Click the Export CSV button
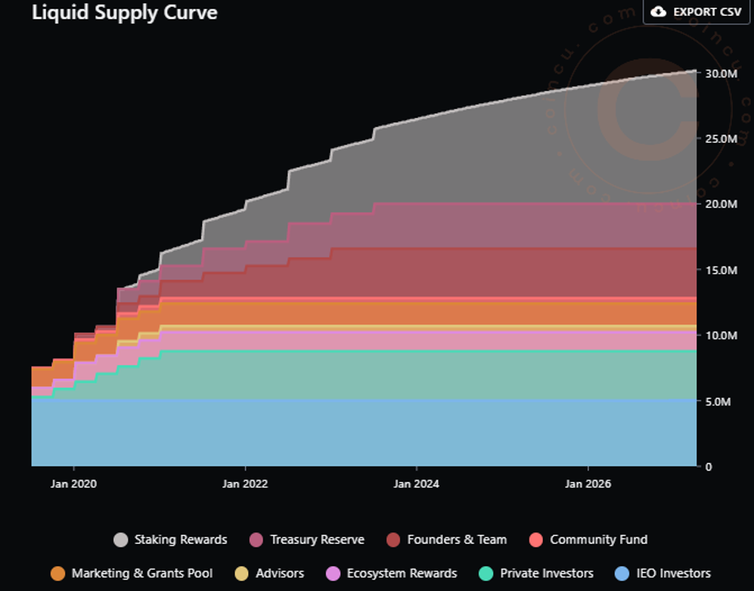click(x=696, y=12)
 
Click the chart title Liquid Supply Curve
click(x=125, y=12)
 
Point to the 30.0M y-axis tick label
click(x=720, y=73)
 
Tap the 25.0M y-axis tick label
click(x=720, y=139)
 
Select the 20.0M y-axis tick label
click(x=720, y=204)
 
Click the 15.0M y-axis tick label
click(x=720, y=270)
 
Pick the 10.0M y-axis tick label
click(x=720, y=335)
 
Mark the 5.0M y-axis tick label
click(x=719, y=401)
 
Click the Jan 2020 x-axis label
click(x=73, y=484)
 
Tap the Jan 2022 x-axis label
click(x=244, y=484)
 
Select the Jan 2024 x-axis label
click(x=416, y=484)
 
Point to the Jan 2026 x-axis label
click(x=587, y=484)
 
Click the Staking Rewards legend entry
click(x=171, y=540)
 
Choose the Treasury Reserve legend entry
click(x=307, y=540)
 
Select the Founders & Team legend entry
click(x=446, y=540)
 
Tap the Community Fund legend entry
click(x=588, y=540)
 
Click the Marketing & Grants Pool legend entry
click(x=132, y=573)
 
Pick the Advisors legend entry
click(x=270, y=573)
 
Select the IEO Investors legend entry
click(x=662, y=573)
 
